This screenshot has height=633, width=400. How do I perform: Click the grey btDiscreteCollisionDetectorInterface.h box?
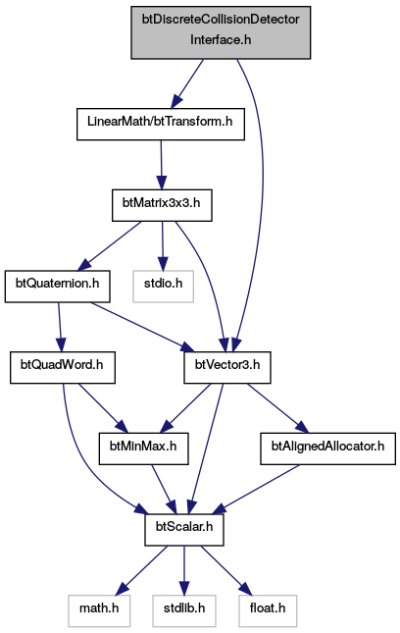[x=221, y=32]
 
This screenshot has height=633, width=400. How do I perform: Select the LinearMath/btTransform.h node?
[x=161, y=124]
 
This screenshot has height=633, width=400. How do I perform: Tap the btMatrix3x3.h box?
[x=162, y=205]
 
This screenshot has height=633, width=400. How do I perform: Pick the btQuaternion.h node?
[x=57, y=287]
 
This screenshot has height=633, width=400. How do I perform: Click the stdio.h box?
[x=163, y=287]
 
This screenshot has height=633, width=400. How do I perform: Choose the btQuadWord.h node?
[x=63, y=367]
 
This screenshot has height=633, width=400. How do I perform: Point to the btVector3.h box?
[x=227, y=367]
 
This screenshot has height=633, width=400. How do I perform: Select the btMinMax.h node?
[x=143, y=448]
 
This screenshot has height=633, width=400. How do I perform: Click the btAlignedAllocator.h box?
[x=327, y=448]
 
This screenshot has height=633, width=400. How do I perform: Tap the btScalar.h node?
[x=184, y=530]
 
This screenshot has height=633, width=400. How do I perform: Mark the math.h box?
[x=99, y=610]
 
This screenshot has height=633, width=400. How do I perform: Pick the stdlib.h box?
[x=184, y=610]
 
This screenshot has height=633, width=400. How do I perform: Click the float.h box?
[x=268, y=610]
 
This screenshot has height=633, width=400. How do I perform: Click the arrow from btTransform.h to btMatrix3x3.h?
[x=162, y=165]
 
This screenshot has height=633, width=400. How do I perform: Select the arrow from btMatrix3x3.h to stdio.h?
[x=163, y=246]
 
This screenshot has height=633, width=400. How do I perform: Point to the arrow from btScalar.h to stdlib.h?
[x=184, y=570]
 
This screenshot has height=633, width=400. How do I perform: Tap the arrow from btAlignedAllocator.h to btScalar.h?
[x=255, y=490]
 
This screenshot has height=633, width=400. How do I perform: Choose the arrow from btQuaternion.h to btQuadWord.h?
[x=60, y=327]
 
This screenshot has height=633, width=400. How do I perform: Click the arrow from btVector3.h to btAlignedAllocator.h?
[x=277, y=408]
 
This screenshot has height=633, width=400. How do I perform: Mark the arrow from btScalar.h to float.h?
[x=226, y=570]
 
